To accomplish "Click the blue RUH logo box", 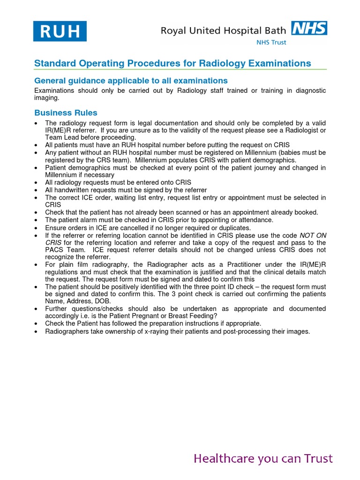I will coord(59,31).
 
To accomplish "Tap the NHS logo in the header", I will coord(309,28).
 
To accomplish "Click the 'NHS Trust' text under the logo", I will coord(272,42).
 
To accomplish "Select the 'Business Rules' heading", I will coord(66,112).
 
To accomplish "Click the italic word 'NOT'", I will coord(307,235).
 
